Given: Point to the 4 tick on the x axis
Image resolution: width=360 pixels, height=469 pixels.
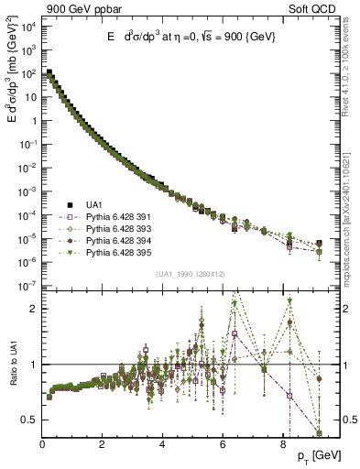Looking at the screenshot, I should tap(162, 445).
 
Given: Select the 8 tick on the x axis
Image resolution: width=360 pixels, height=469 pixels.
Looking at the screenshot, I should tap(282, 445).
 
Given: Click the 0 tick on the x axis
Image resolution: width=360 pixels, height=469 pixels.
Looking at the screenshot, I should tap(42, 445).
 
